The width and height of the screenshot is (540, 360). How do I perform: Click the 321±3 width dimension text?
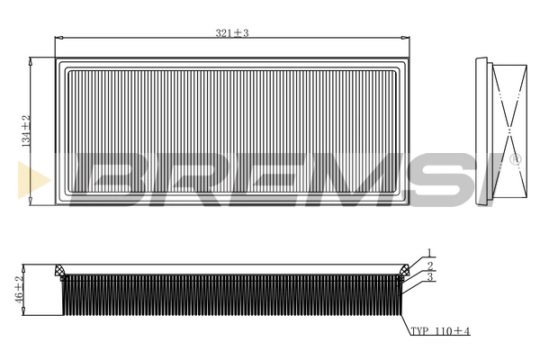(232, 32)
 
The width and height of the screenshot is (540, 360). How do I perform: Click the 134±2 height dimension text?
(27, 131)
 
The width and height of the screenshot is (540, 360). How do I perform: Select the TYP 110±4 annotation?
(442, 331)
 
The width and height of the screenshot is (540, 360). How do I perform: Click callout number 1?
(430, 253)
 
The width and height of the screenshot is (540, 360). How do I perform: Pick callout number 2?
(430, 265)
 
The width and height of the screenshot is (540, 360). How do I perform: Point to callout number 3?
(430, 277)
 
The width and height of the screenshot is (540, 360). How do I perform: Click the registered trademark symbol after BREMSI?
(514, 160)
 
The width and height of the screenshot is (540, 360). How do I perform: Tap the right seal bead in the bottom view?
(402, 269)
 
